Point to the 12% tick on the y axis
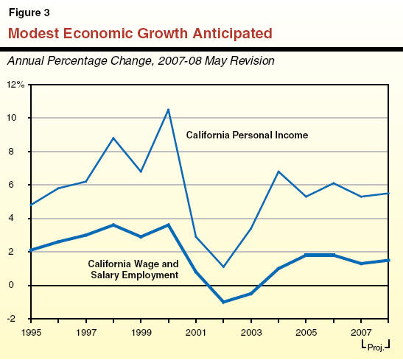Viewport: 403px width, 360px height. pyautogui.click(x=16, y=85)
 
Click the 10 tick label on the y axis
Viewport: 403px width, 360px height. pyautogui.click(x=19, y=118)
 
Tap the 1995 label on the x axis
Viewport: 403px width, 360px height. pyautogui.click(x=31, y=333)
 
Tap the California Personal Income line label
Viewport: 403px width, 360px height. pyautogui.click(x=247, y=135)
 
